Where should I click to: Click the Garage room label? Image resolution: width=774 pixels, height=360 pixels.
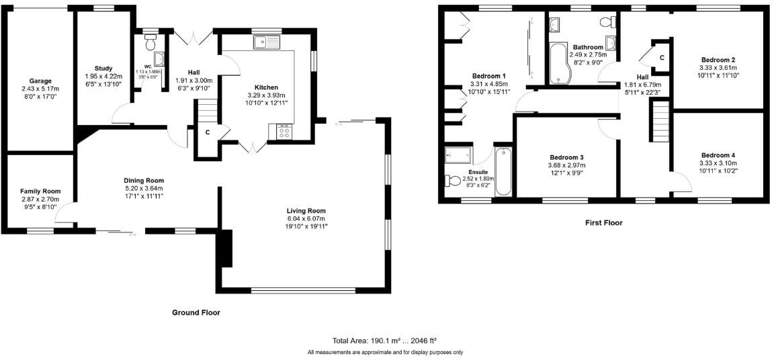[40, 81]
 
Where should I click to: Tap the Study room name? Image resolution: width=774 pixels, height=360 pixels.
[103, 68]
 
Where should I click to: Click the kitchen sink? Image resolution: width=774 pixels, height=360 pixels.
[268, 42]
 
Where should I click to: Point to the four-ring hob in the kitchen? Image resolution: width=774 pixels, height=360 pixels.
[284, 132]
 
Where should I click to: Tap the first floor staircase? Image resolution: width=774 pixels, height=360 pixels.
[661, 120]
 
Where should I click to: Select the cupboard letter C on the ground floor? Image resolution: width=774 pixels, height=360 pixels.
[208, 132]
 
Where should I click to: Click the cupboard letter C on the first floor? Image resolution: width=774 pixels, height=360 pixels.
[662, 58]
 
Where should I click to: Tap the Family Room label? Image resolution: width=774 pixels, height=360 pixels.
[40, 191]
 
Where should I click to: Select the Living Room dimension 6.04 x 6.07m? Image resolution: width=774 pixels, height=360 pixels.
[305, 218]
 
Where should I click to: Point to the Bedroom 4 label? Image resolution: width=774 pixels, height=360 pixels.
[718, 154]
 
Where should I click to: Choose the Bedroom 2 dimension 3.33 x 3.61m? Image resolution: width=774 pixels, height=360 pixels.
[718, 68]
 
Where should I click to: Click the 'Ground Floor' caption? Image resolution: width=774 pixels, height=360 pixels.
[196, 312]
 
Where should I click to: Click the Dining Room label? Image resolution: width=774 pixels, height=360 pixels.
[144, 180]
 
